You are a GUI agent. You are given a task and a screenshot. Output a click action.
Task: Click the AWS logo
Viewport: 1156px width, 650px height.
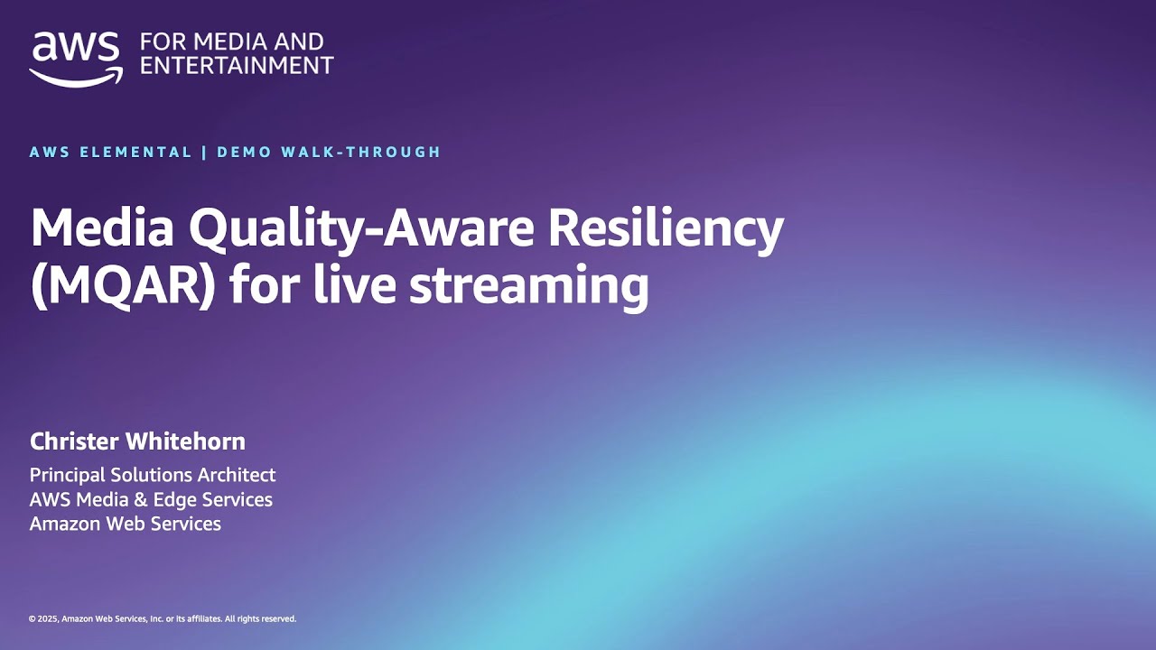(76, 59)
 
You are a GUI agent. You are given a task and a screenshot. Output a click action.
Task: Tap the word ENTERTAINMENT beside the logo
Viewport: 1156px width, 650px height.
(237, 66)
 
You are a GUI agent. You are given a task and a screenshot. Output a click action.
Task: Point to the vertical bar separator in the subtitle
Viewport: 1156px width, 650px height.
(204, 152)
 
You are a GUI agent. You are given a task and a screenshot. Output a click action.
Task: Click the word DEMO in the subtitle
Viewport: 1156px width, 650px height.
(244, 152)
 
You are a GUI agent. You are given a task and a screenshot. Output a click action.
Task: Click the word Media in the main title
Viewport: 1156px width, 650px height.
(101, 228)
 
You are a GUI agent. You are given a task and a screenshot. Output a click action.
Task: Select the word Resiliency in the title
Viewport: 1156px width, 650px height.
(666, 228)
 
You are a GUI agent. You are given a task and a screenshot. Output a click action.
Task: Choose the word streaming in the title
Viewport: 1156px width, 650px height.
(528, 286)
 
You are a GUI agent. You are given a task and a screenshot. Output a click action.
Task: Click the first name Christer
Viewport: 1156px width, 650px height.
(74, 441)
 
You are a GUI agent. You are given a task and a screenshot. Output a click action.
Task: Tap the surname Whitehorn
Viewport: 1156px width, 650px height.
(186, 441)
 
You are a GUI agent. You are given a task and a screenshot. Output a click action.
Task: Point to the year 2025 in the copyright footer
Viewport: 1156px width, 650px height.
(48, 619)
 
